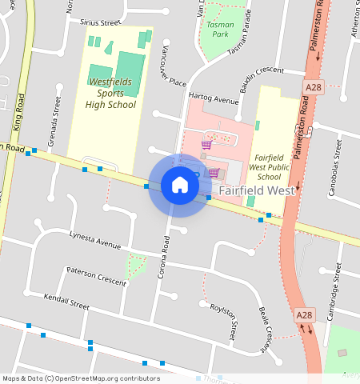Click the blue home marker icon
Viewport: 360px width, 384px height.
[180, 186]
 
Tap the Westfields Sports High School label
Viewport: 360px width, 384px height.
[112, 93]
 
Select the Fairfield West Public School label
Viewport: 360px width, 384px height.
[268, 166]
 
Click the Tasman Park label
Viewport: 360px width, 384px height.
[220, 30]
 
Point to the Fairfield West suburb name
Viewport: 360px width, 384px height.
[257, 191]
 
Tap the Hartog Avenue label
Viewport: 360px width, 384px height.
[214, 101]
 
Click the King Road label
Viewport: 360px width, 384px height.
[18, 113]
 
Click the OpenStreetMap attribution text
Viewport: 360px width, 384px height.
[81, 378]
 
